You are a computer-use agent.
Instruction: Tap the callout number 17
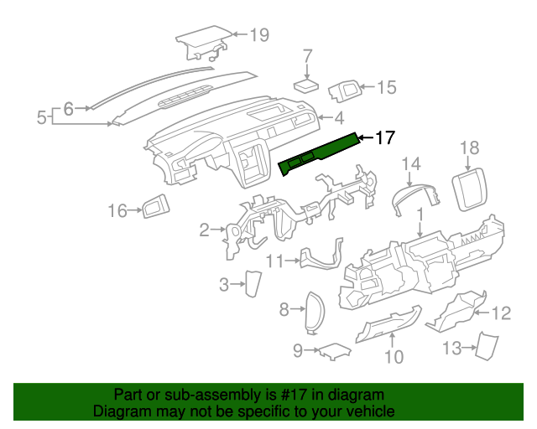point(383,138)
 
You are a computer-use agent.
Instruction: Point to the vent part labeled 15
point(345,89)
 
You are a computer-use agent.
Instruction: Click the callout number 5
point(42,118)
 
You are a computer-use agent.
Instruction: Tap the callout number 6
point(69,107)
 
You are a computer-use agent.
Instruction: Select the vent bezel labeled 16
point(154,206)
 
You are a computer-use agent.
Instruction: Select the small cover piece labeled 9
point(331,350)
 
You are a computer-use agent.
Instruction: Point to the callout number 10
point(394,358)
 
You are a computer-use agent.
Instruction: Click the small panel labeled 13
point(484,345)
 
